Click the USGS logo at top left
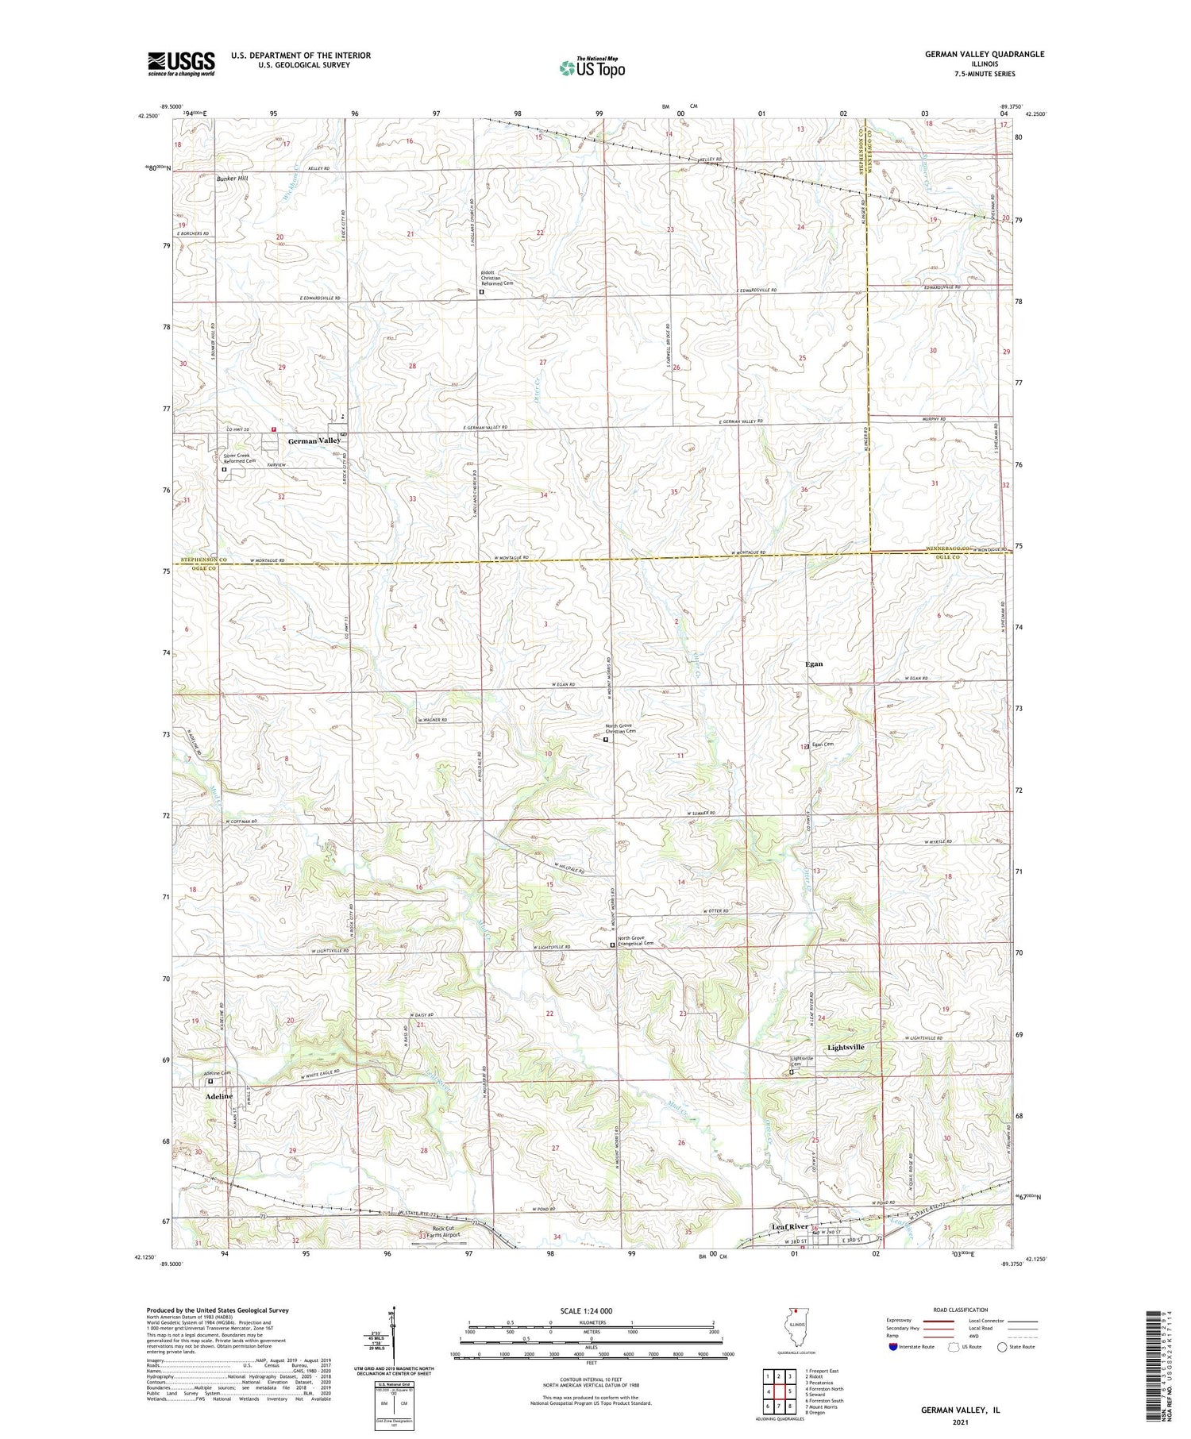point(181,63)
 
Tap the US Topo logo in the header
point(592,67)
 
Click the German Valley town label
point(314,441)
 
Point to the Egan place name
point(814,664)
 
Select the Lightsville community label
point(845,1047)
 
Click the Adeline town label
point(219,1096)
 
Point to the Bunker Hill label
point(233,179)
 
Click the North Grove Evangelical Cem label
point(635,943)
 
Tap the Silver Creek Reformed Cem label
point(239,458)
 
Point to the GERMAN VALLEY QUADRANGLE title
point(984,55)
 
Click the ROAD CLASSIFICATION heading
point(961,1310)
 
